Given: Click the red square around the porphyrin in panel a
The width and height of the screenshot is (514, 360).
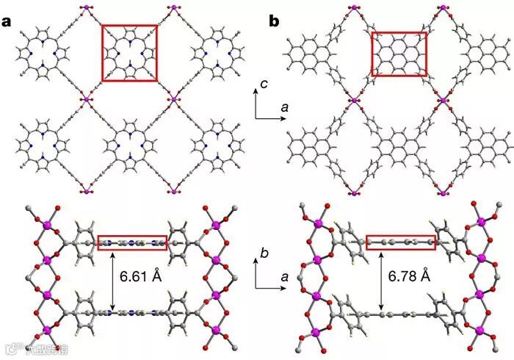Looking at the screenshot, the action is (x=129, y=53).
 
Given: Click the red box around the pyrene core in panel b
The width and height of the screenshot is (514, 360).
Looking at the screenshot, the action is (x=399, y=54).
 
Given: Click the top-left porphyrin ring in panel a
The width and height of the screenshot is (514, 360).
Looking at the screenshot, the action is (x=41, y=53).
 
